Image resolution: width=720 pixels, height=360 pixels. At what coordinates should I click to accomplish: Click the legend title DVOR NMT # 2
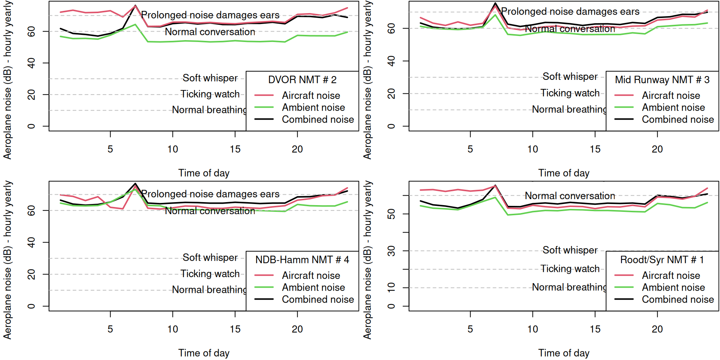pyautogui.click(x=302, y=80)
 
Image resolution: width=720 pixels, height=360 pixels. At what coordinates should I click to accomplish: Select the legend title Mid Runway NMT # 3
pyautogui.click(x=662, y=80)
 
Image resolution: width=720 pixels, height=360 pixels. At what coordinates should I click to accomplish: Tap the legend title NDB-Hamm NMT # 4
pyautogui.click(x=302, y=260)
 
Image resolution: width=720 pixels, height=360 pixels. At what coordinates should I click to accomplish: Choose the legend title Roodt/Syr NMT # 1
pyautogui.click(x=662, y=260)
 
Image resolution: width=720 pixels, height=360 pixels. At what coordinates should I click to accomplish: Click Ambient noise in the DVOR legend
pyautogui.click(x=313, y=108)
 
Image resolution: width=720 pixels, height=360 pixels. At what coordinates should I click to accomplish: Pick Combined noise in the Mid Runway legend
pyautogui.click(x=678, y=120)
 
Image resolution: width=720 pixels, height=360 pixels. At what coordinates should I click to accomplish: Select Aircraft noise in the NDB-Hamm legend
pyautogui.click(x=311, y=276)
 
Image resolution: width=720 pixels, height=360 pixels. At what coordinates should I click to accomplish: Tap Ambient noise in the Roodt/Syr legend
pyautogui.click(x=673, y=288)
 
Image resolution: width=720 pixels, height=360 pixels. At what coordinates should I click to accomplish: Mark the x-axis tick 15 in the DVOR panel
pyautogui.click(x=235, y=149)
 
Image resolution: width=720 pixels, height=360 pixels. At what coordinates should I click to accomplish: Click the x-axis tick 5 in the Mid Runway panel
pyautogui.click(x=470, y=149)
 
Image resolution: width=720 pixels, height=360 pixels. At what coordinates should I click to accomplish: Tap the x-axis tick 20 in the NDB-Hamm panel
pyautogui.click(x=297, y=329)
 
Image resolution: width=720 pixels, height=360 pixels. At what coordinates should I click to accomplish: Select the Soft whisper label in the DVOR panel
pyautogui.click(x=210, y=78)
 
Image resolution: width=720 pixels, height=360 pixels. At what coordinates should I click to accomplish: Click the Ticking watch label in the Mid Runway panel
pyautogui.click(x=570, y=93)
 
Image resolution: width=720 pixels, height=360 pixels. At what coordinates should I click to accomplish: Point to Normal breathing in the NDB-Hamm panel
pyautogui.click(x=209, y=290)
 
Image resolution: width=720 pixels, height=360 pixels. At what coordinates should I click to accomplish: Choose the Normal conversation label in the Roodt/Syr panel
pyautogui.click(x=570, y=196)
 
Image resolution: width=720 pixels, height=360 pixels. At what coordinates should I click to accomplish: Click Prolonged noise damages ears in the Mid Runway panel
pyautogui.click(x=570, y=12)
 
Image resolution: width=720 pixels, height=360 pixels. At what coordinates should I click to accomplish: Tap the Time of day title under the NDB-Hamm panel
pyautogui.click(x=204, y=353)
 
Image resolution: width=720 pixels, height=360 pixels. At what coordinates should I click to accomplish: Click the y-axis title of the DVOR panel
pyautogui.click(x=7, y=80)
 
